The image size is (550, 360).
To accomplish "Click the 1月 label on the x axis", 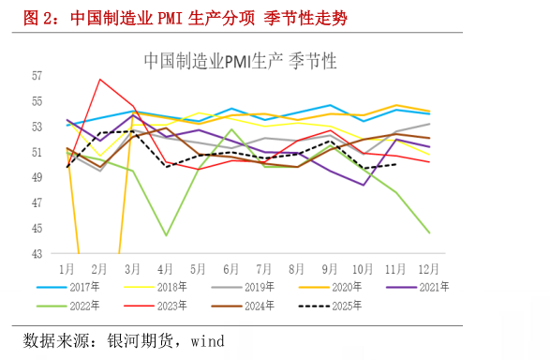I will coord(67,268).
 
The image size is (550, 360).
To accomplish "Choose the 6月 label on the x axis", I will coord(231,268).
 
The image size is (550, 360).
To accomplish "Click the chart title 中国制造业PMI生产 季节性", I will coord(240,61).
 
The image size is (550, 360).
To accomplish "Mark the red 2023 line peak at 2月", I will coord(100,79).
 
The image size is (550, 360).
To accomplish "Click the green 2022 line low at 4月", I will coord(166,235).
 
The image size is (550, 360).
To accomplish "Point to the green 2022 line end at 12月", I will coord(429,232).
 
